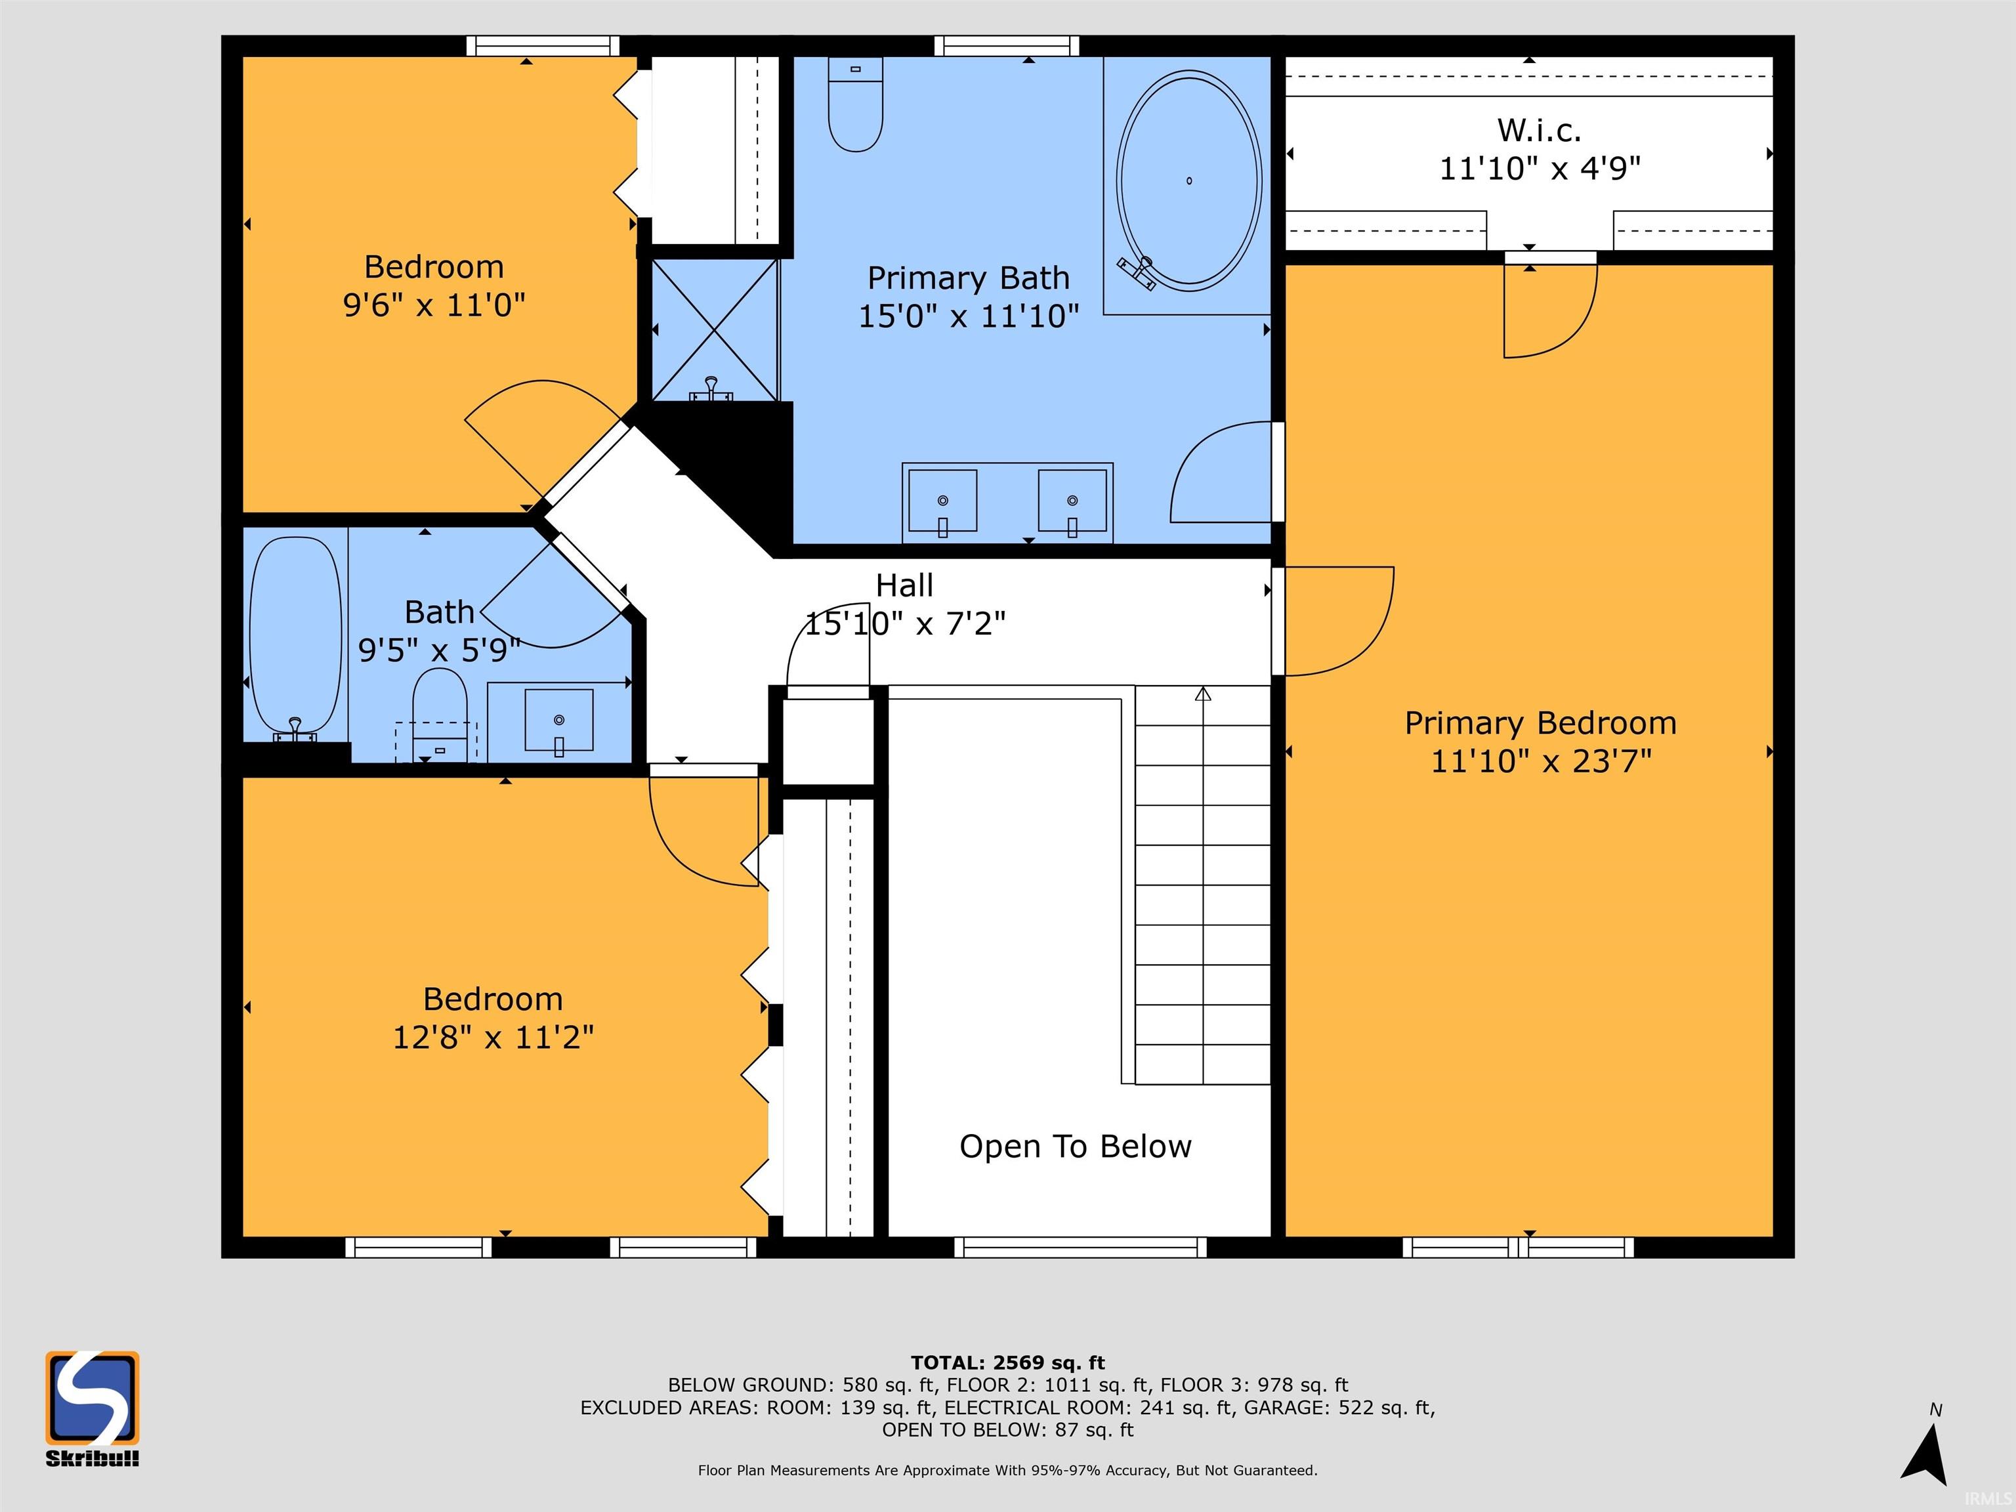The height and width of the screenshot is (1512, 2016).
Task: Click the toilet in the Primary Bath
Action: coord(855,105)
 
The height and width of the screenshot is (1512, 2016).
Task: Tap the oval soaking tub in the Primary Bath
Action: coord(1188,181)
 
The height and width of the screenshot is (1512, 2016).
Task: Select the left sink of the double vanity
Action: coord(942,500)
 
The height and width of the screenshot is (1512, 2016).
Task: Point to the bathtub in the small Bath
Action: coord(295,635)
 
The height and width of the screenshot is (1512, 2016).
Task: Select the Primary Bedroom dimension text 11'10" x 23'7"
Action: coord(1540,761)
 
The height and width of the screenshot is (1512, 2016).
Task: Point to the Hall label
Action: coord(904,585)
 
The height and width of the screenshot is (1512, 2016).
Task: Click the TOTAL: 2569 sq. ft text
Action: coord(1007,1362)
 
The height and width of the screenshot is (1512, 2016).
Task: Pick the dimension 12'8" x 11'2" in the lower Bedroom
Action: coord(492,1037)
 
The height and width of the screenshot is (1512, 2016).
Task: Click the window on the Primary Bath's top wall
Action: coord(1006,45)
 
